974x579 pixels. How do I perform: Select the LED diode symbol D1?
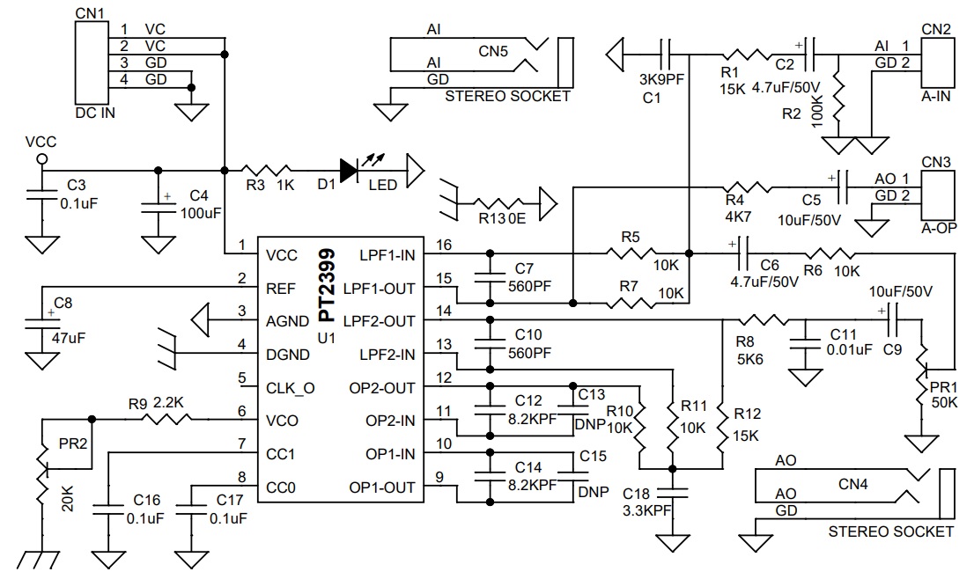(350, 170)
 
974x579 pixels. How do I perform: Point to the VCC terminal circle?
(41, 159)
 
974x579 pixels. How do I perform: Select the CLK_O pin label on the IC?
(291, 386)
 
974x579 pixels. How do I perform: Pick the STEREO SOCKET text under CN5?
(508, 97)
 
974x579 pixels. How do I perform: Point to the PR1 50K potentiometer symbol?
(922, 373)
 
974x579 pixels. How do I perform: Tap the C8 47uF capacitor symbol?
(39, 321)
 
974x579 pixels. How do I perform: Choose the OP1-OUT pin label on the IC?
(381, 487)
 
